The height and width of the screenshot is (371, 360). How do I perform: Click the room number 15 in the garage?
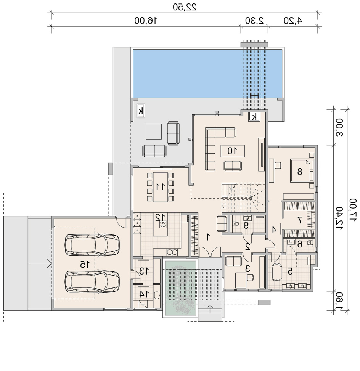pyautogui.click(x=85, y=264)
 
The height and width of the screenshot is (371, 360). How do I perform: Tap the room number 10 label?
pyautogui.click(x=232, y=151)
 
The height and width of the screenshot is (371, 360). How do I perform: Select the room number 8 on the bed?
pyautogui.click(x=300, y=171)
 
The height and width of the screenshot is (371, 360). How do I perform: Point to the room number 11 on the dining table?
pyautogui.click(x=160, y=187)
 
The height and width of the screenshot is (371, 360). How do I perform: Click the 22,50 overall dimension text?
pyautogui.click(x=185, y=7)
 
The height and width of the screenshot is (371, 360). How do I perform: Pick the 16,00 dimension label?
pyautogui.click(x=146, y=21)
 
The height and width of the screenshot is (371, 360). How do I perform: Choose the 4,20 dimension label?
pyautogui.click(x=293, y=21)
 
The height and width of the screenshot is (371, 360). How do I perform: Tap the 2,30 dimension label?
pyautogui.click(x=254, y=21)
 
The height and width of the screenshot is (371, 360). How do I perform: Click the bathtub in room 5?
pyautogui.click(x=276, y=272)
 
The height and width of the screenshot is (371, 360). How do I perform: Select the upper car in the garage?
pyautogui.click(x=92, y=245)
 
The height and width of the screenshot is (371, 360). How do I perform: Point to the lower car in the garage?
pyautogui.click(x=92, y=281)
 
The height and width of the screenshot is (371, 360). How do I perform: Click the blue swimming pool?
pyautogui.click(x=207, y=73)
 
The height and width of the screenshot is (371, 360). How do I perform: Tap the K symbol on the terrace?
pyautogui.click(x=141, y=111)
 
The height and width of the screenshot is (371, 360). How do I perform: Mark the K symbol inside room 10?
pyautogui.click(x=254, y=117)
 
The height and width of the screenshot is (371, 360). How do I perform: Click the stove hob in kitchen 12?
pyautogui.click(x=163, y=224)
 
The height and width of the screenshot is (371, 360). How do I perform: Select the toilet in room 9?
pyautogui.click(x=236, y=223)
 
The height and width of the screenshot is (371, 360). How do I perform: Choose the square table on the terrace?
pyautogui.click(x=154, y=131)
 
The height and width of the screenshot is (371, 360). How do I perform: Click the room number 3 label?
pyautogui.click(x=247, y=269)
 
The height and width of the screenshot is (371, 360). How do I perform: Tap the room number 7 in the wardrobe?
pyautogui.click(x=299, y=220)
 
